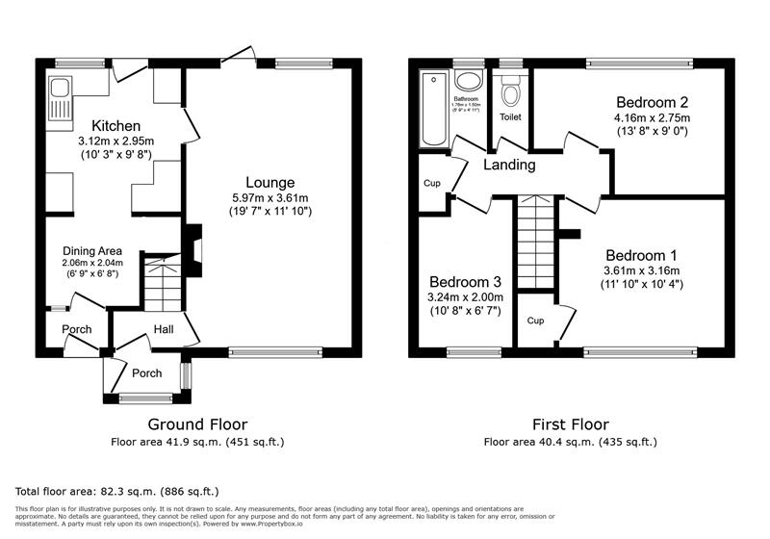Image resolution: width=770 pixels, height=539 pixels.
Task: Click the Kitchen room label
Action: (116, 126)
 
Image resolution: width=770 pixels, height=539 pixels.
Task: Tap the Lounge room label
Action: (269, 182)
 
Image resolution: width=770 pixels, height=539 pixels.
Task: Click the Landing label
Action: (509, 165)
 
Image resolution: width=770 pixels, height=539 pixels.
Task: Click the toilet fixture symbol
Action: (510, 91)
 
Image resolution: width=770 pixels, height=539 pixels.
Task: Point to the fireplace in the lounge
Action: (193, 244)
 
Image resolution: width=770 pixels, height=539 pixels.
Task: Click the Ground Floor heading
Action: (197, 423)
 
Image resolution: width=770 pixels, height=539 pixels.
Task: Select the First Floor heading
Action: (570, 423)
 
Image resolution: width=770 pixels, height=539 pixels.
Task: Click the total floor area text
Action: (117, 491)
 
